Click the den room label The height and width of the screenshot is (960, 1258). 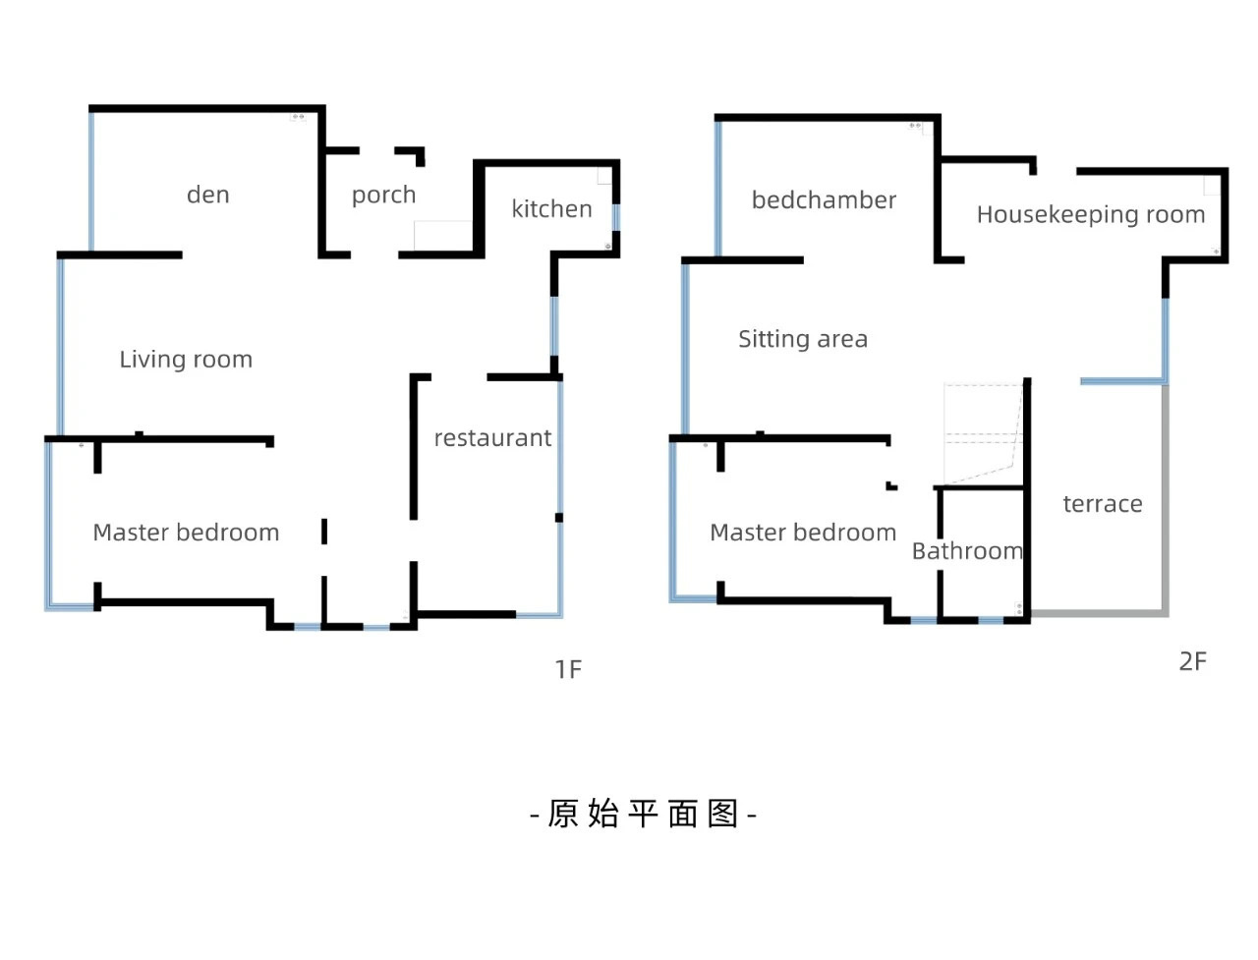click(208, 195)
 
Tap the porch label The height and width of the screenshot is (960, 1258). click(383, 196)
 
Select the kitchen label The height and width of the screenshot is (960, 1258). click(551, 209)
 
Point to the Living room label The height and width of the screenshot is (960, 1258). click(186, 360)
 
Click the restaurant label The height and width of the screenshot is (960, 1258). click(492, 438)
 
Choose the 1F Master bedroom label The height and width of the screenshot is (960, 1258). click(186, 533)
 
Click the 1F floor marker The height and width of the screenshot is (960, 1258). click(568, 669)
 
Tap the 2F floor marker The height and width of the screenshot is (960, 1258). click(1192, 661)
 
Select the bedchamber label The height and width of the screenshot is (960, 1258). click(824, 200)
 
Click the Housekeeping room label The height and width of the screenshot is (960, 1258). click(1090, 214)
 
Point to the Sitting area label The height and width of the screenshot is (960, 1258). click(803, 339)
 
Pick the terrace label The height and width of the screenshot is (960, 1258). click(1103, 504)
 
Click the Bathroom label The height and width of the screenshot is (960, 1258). click(967, 551)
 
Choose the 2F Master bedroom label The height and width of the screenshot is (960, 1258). click(803, 533)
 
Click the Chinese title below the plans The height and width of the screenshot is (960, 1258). click(643, 814)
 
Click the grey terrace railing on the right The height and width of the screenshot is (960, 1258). click(1166, 501)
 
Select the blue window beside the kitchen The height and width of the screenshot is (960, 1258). click(616, 217)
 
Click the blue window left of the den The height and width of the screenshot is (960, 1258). click(91, 182)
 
